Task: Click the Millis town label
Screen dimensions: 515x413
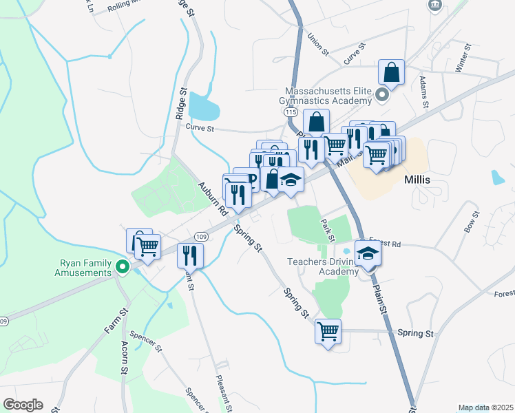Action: coord(417,179)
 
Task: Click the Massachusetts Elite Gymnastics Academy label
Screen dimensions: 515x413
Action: coord(328,96)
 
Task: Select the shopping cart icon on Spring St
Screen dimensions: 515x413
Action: coord(328,332)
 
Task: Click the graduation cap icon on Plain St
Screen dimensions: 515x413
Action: coord(368,253)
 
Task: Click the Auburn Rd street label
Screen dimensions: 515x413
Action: coord(213,199)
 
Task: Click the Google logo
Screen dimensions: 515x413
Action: coord(23,405)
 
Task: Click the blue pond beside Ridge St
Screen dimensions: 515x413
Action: coord(204,106)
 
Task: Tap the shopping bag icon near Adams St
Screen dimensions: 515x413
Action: coord(391,72)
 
